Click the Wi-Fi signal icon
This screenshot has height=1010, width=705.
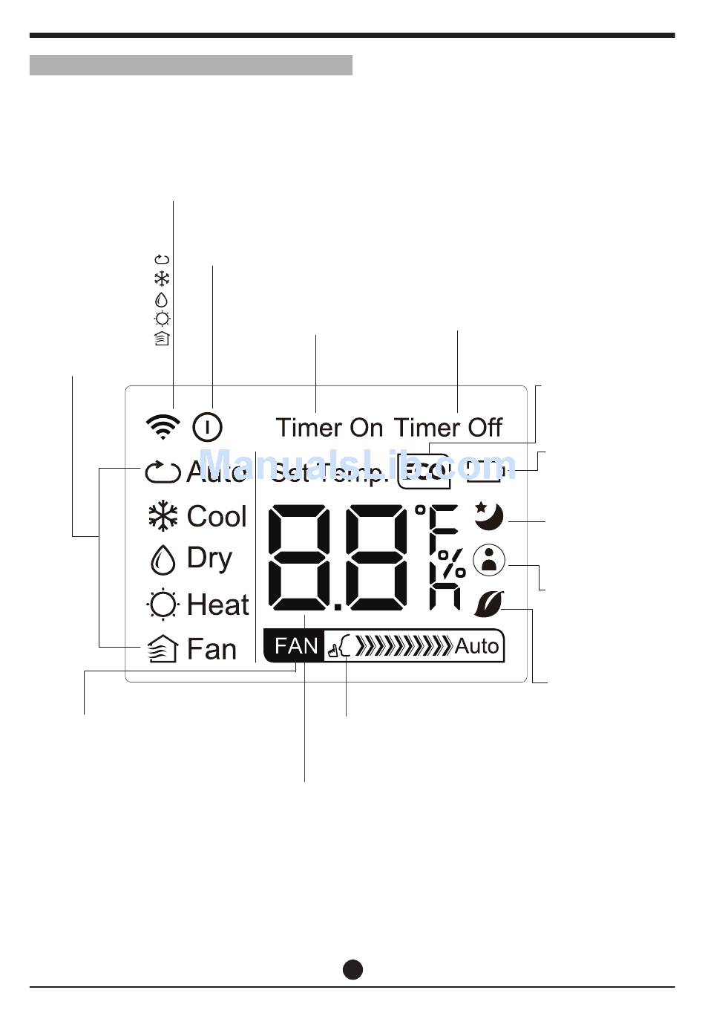tap(163, 426)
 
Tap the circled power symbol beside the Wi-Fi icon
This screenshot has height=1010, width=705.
tap(207, 427)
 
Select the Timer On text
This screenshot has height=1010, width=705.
tap(329, 428)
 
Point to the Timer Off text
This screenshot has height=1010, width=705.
tap(447, 428)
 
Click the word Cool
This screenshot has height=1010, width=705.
tap(216, 516)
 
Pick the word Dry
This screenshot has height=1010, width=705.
tap(209, 558)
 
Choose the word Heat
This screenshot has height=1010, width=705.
tap(217, 605)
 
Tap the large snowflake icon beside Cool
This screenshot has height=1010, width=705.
tap(163, 517)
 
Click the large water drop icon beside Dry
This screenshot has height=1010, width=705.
tap(163, 560)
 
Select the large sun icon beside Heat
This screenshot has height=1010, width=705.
tap(163, 605)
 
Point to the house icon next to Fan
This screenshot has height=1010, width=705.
tap(163, 649)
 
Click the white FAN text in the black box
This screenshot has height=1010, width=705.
tap(295, 646)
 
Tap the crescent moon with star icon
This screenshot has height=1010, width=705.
tap(489, 515)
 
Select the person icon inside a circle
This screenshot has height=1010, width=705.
tap(488, 560)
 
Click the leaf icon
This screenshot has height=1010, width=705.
tap(488, 603)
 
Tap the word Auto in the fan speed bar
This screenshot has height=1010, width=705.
tap(476, 646)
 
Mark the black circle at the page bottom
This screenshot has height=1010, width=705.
tap(352, 969)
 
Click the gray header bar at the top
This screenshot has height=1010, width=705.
tap(191, 65)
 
